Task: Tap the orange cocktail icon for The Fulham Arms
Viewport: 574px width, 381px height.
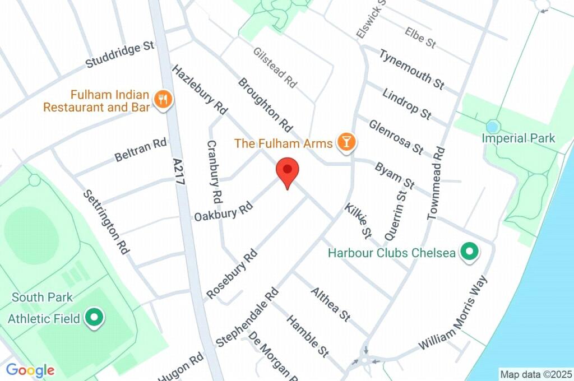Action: [346, 143]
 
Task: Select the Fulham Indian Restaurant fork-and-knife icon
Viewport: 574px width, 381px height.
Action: [163, 100]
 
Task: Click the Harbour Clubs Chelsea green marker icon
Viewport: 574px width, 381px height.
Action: [469, 253]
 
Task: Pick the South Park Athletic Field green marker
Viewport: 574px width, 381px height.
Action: [94, 319]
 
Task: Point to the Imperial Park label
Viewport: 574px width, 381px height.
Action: [519, 138]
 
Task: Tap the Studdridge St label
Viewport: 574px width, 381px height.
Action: [119, 54]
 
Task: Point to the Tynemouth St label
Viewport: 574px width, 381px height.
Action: [412, 69]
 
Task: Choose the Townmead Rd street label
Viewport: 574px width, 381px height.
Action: [436, 183]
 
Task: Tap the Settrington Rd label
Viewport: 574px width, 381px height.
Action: [106, 222]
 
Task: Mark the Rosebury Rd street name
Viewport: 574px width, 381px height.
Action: [232, 273]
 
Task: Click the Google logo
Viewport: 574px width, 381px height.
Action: [30, 370]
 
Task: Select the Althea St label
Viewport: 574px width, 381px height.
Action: [331, 305]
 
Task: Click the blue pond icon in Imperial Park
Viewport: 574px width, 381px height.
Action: [493, 126]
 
